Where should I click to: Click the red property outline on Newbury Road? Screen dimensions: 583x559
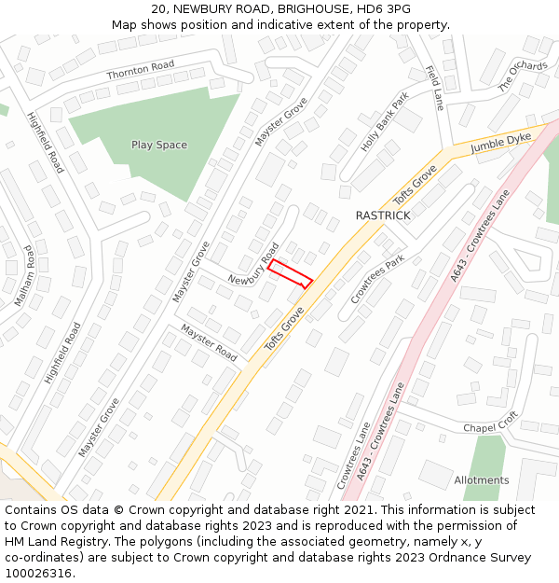[290, 273]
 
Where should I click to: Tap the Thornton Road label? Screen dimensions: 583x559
[141, 69]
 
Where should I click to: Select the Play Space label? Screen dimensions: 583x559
[158, 145]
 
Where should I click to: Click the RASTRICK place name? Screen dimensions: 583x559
[382, 215]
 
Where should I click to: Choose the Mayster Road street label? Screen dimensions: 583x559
[209, 342]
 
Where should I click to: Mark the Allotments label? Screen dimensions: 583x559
[482, 480]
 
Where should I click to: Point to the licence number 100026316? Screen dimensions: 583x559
[38, 573]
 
